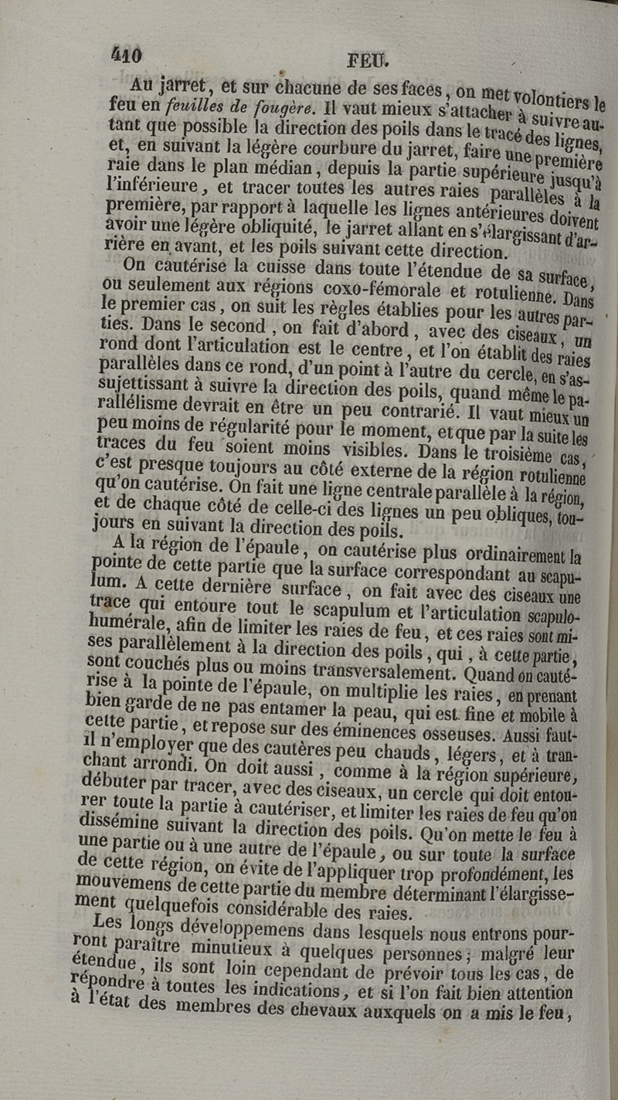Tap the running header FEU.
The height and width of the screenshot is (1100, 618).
(x=368, y=60)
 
